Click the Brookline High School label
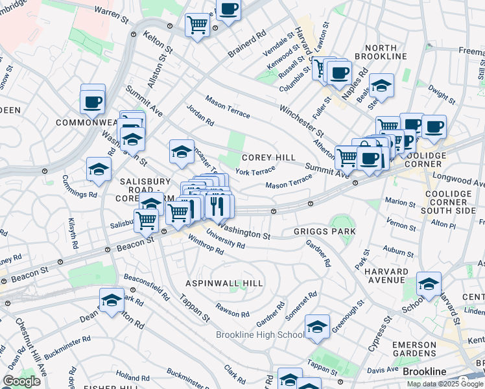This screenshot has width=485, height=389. pyautogui.click(x=259, y=335)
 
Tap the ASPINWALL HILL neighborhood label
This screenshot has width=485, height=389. pyautogui.click(x=224, y=283)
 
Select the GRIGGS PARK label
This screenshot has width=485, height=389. pyautogui.click(x=325, y=231)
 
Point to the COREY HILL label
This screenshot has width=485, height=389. pyautogui.click(x=268, y=158)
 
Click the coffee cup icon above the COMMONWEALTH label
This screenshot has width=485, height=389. pyautogui.click(x=93, y=100)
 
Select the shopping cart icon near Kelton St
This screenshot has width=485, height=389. pyautogui.click(x=198, y=25)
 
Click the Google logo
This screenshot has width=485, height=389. pyautogui.click(x=21, y=381)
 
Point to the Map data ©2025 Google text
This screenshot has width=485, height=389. pyautogui.click(x=444, y=384)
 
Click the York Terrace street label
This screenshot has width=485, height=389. pyautogui.click(x=255, y=172)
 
